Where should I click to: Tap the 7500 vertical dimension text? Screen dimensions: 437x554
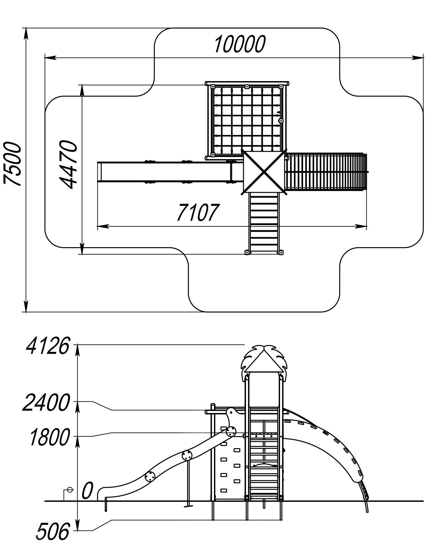[12, 164]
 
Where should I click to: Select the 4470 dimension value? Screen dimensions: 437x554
[68, 164]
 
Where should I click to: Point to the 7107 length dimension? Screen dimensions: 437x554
[198, 212]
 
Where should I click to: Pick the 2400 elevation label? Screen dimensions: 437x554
[46, 403]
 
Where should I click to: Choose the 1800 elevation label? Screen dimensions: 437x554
[49, 438]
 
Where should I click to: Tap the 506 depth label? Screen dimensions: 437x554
[53, 532]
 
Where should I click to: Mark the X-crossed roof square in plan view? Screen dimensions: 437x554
[264, 172]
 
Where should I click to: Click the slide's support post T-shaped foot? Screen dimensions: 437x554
[188, 507]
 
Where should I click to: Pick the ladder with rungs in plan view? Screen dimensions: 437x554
[264, 223]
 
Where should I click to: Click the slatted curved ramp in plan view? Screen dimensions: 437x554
[326, 172]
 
